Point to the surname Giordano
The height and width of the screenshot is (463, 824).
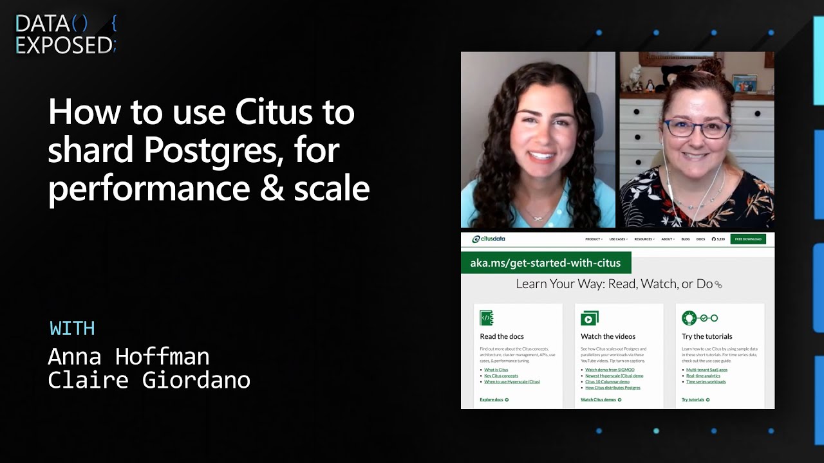point(196,380)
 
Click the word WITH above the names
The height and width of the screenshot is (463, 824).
point(72,329)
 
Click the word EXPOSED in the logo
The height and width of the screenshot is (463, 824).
point(63,46)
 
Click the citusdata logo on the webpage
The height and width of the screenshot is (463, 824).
point(489,239)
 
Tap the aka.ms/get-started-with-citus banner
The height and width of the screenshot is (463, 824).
point(545,263)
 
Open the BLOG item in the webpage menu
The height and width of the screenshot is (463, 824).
point(686,239)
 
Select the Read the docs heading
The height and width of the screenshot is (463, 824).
point(501,336)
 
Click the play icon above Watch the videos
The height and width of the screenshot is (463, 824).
point(589,318)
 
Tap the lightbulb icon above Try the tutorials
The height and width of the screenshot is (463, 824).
point(689,318)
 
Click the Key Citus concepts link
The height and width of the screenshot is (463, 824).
point(501,376)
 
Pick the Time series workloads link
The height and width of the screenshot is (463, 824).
point(706,382)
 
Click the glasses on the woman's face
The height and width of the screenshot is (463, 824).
point(697,128)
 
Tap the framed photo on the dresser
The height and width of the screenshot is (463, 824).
point(744,84)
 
